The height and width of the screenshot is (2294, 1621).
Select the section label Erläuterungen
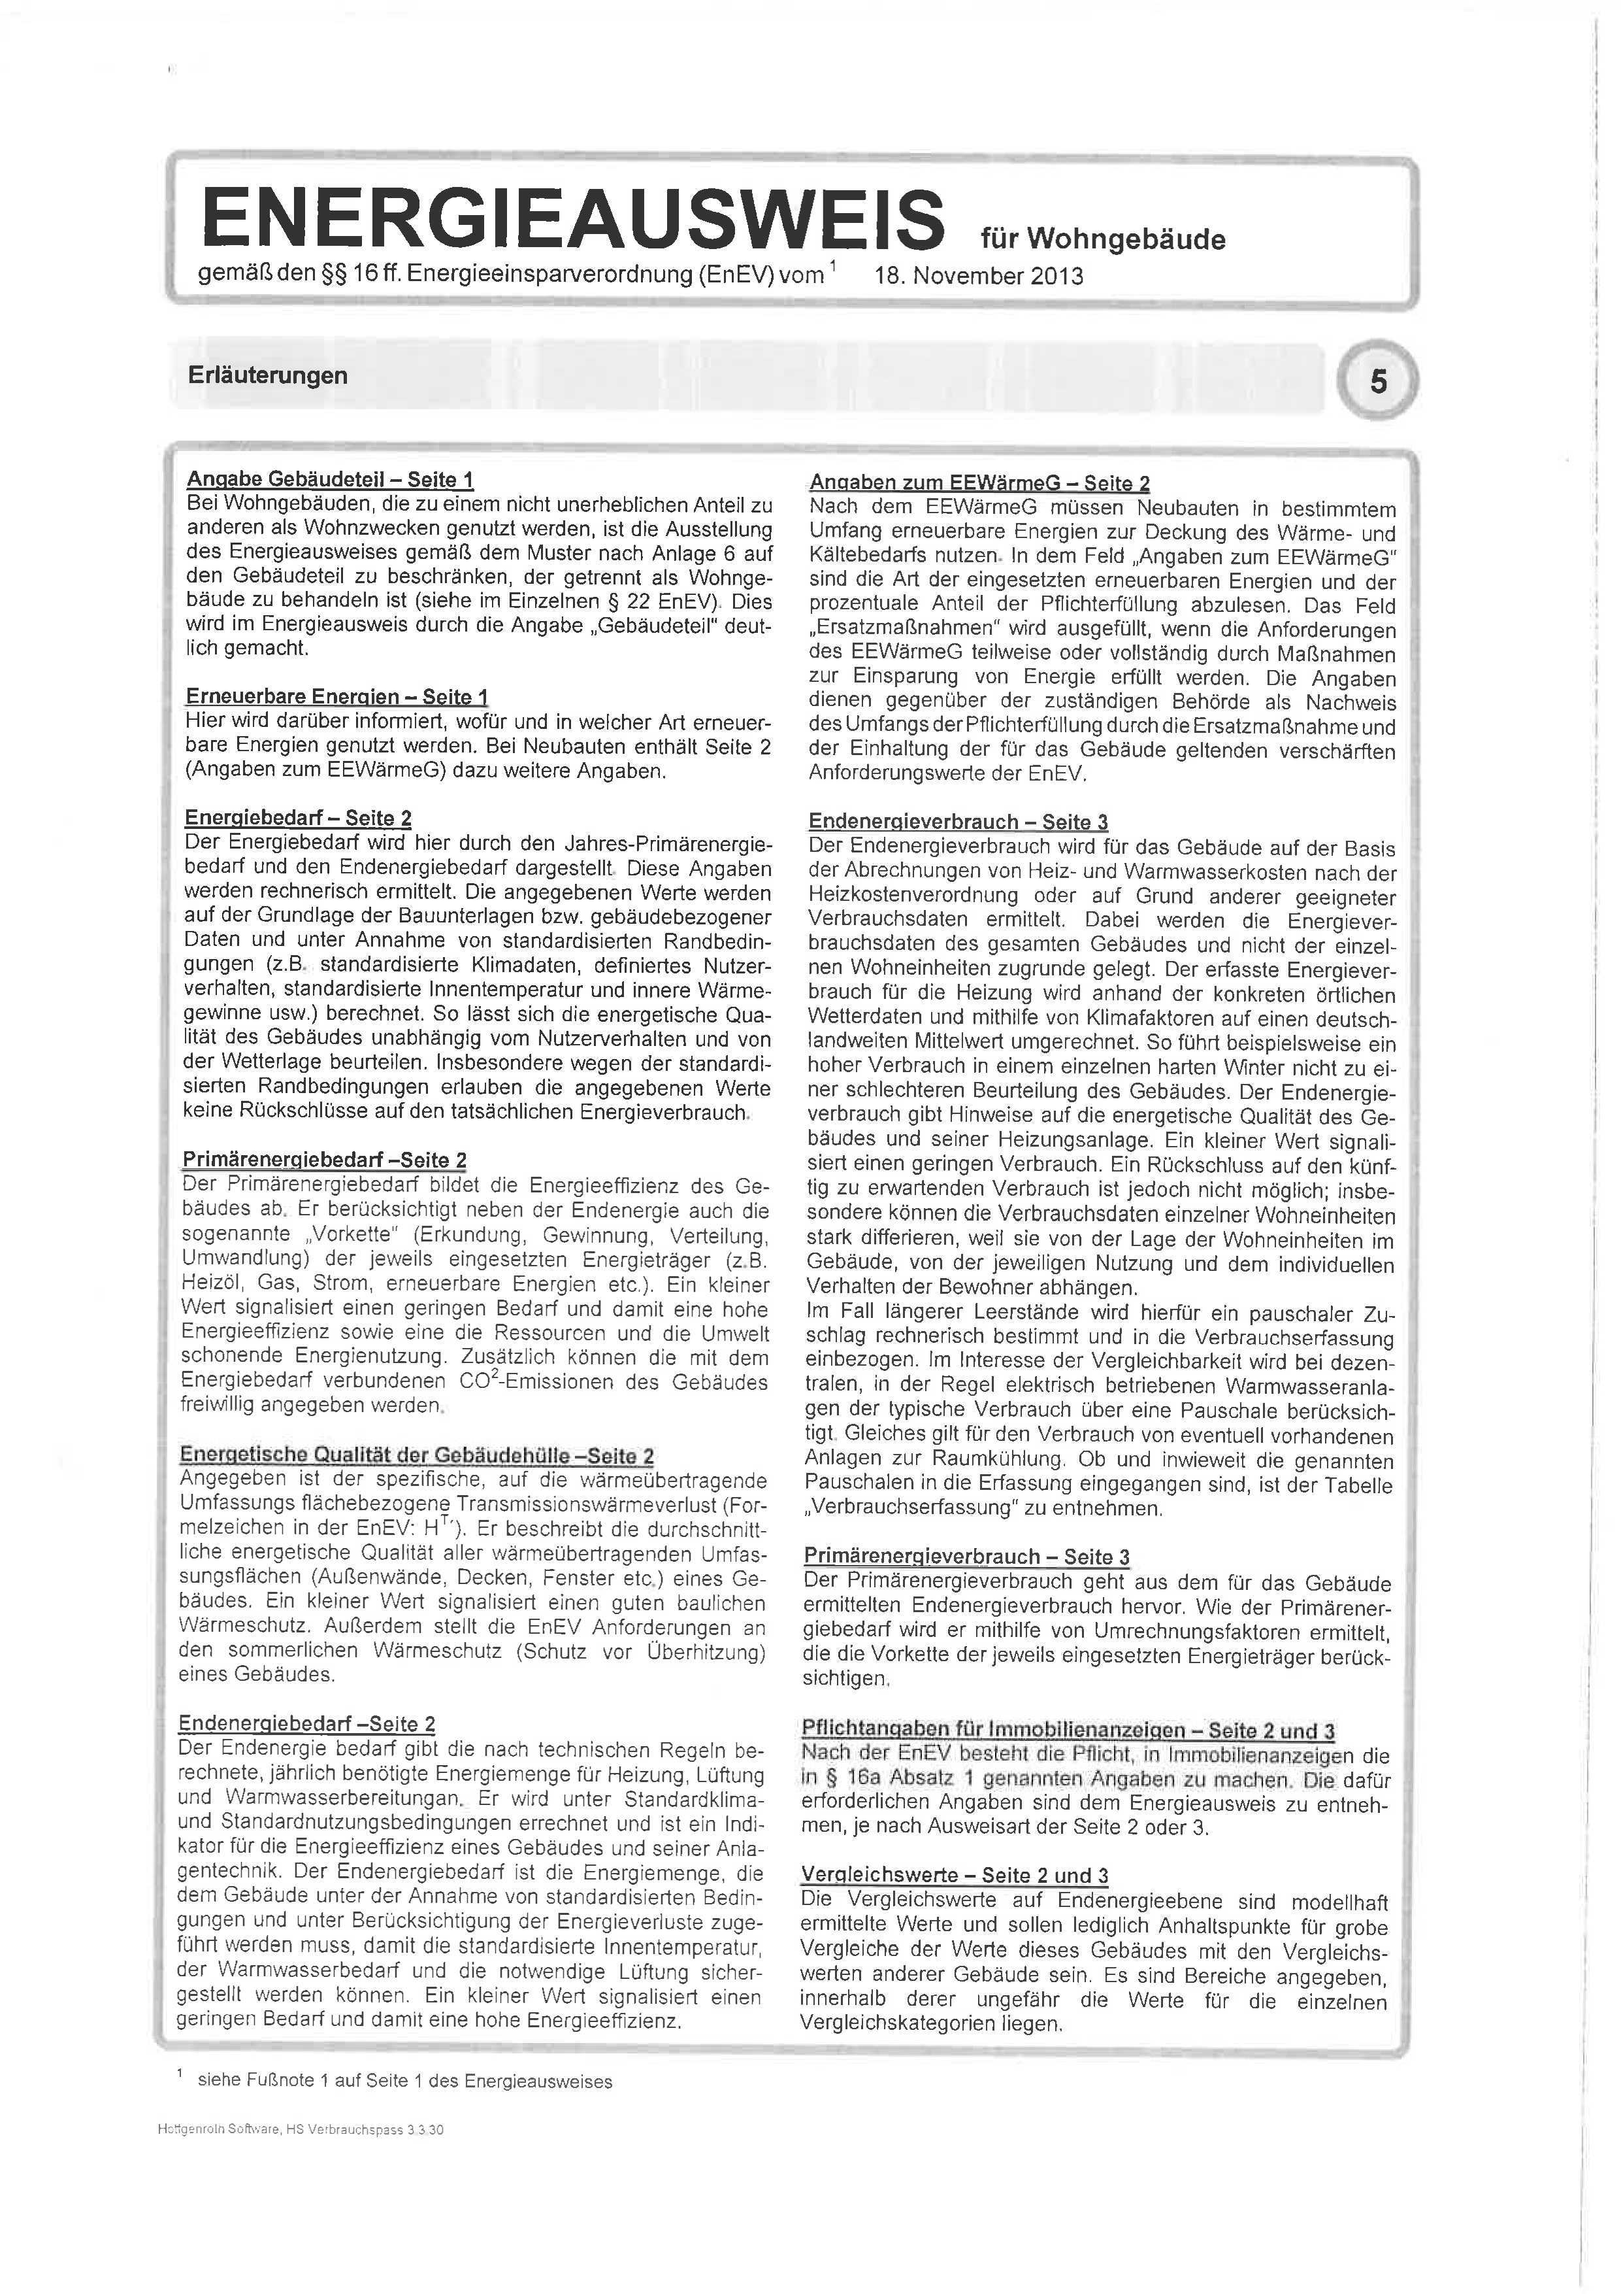(x=268, y=376)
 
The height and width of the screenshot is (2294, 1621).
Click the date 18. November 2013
(x=979, y=276)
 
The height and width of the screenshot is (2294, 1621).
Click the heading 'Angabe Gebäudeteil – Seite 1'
(x=329, y=480)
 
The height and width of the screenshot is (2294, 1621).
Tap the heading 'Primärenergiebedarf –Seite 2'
(x=323, y=1160)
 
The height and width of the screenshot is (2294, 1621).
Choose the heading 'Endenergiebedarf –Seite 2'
(x=306, y=1723)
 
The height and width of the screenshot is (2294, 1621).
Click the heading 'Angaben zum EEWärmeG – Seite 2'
(x=979, y=484)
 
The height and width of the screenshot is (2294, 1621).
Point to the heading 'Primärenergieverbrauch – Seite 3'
(x=966, y=1557)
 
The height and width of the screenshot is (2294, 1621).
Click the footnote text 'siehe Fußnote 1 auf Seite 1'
(x=404, y=2081)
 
